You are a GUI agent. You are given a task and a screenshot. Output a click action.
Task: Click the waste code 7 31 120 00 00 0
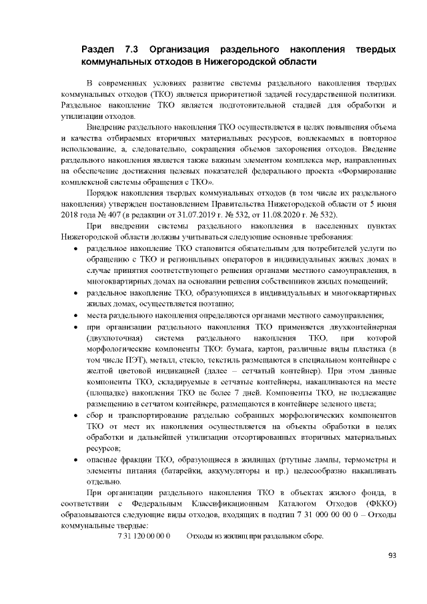144,536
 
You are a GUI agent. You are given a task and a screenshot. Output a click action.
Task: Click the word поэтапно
245,302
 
